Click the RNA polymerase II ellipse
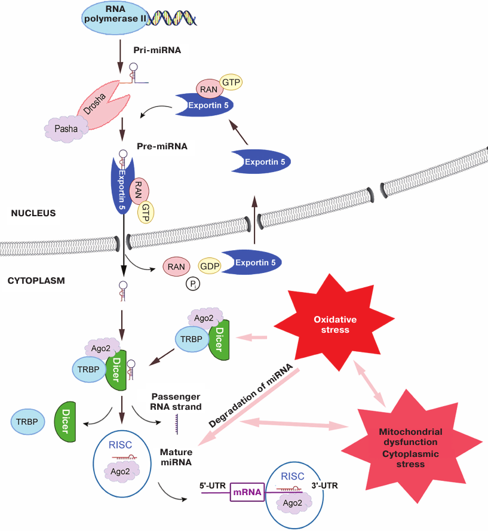[x=113, y=17]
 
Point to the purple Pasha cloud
[x=66, y=127]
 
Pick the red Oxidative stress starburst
[x=323, y=323]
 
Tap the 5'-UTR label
[x=212, y=485]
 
